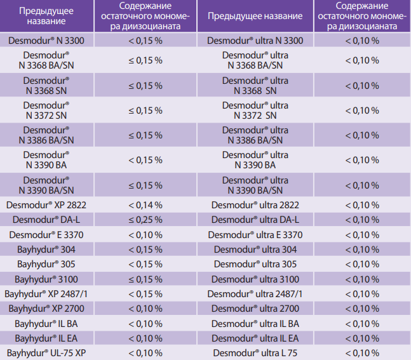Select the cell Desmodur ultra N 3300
(255, 41)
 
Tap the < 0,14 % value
(145, 205)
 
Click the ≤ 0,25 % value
(145, 220)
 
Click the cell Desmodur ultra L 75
(255, 352)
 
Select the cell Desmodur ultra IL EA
(255, 338)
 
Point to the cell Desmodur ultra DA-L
(255, 220)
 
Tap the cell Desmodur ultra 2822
(255, 205)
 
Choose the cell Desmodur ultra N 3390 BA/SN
(255, 185)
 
